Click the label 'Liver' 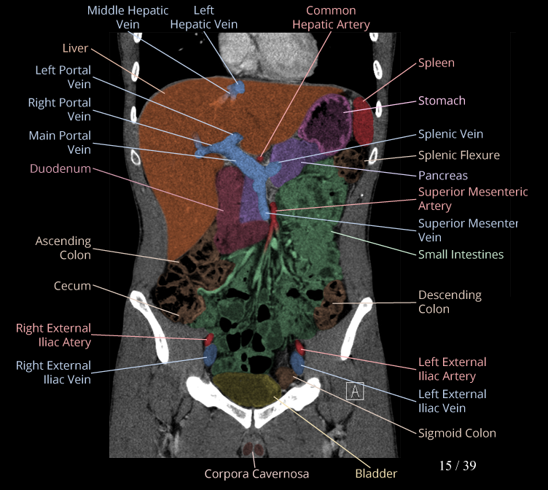pos(75,48)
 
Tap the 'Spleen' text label pos(436,63)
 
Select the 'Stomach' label pos(442,101)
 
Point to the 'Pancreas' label pos(443,176)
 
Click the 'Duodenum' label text pos(60,168)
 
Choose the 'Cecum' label pos(72,286)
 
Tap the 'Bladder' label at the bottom pos(376,473)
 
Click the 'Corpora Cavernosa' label pos(257,474)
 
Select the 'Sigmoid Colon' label pos(457,433)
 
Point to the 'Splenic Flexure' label pos(458,155)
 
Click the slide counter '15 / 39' pos(458,465)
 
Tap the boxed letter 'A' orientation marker pos(356,392)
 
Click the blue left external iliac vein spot pos(297,359)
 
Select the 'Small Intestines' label pos(461,254)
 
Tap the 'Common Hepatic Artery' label pos(331,17)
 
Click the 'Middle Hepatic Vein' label pos(128,17)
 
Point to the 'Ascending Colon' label pos(63,248)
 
